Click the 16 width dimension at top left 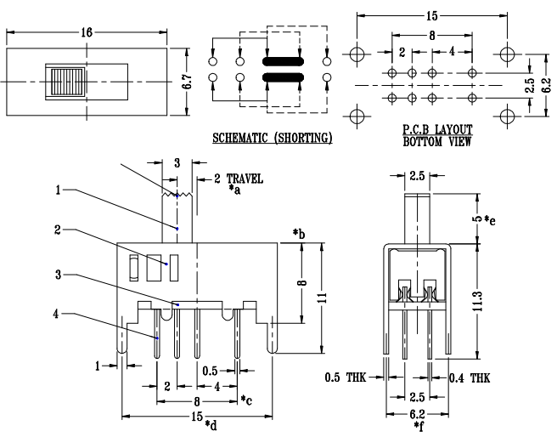click(x=87, y=32)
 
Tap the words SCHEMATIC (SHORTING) click(x=273, y=138)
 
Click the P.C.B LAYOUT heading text click(x=437, y=129)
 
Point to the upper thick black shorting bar click(x=283, y=61)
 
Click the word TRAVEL click(x=245, y=179)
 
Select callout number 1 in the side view click(x=59, y=190)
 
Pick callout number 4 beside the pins click(x=56, y=314)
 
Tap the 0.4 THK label click(x=470, y=377)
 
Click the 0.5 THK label click(x=346, y=377)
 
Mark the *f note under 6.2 click(x=419, y=426)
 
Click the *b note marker click(x=299, y=234)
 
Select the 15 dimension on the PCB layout click(x=432, y=15)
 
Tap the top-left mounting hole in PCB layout click(x=357, y=54)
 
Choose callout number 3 click(x=59, y=275)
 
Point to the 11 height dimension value click(x=323, y=298)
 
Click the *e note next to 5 click(x=490, y=220)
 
